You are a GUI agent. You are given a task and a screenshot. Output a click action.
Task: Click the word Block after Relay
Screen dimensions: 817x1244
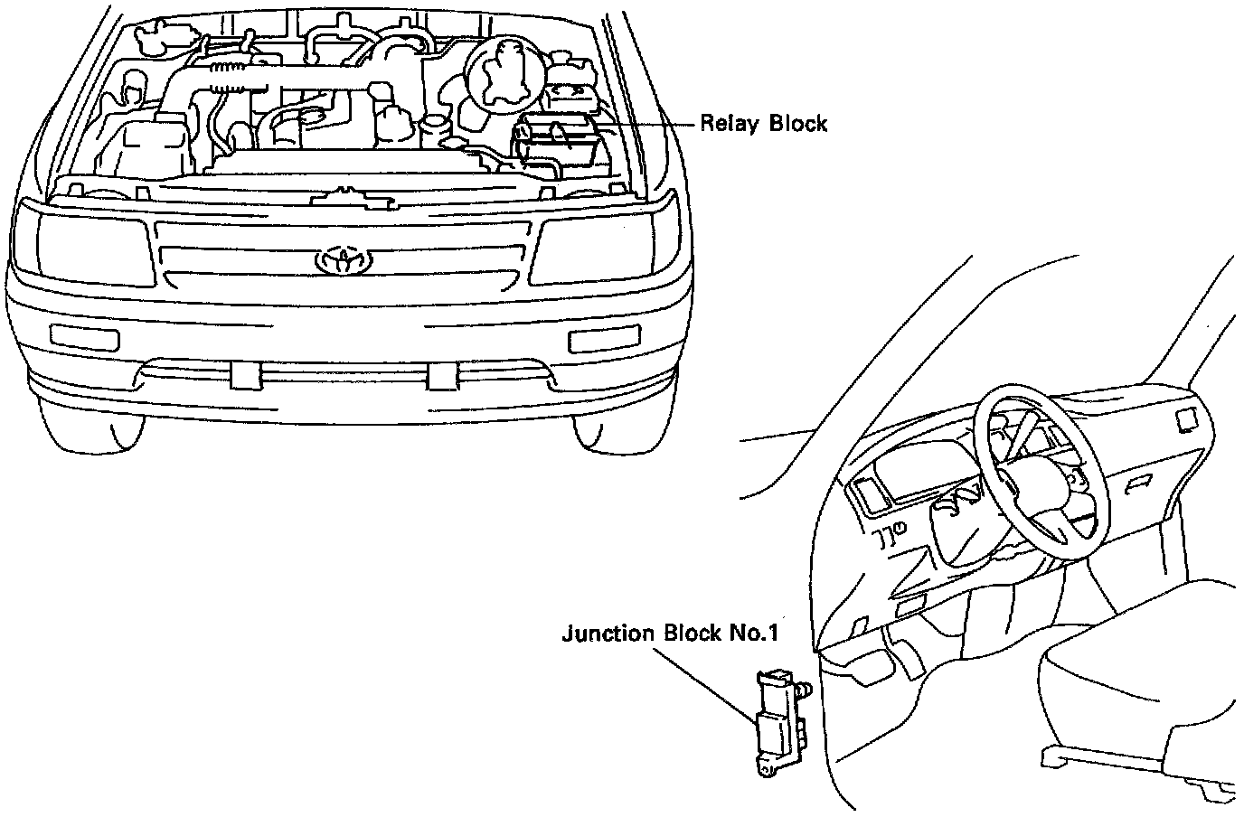pos(797,123)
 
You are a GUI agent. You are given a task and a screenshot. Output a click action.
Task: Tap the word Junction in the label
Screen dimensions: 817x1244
pos(608,633)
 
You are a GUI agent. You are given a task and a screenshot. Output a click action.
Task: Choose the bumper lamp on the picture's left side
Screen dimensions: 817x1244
pos(84,336)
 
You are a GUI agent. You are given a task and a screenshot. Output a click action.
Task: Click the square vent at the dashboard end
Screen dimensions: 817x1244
pos(1185,418)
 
